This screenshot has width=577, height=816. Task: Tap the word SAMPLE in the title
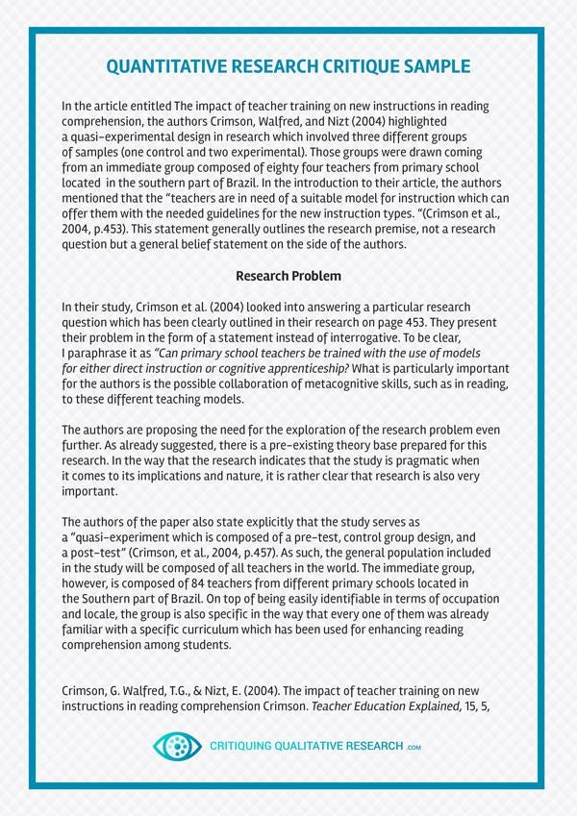[432, 66]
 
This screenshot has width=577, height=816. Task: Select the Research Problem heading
[288, 277]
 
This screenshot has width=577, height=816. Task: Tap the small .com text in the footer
[414, 747]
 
